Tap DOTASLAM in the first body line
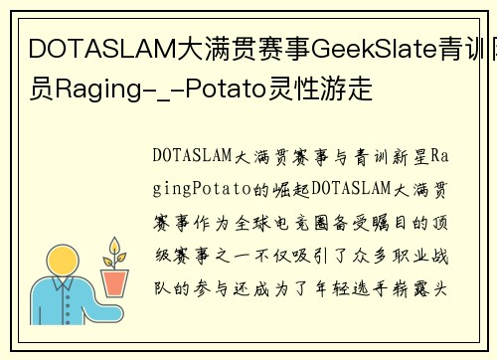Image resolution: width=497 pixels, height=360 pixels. (193, 157)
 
